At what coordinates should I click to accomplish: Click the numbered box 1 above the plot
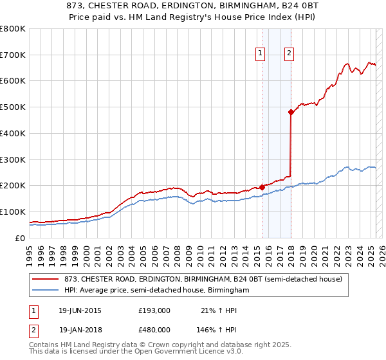[x=261, y=54]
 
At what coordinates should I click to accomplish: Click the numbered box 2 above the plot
[x=289, y=54]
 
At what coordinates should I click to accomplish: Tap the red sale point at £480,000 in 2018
[x=291, y=112]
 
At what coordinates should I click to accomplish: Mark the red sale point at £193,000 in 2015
[x=262, y=187]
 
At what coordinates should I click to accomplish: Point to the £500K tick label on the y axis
[x=13, y=107]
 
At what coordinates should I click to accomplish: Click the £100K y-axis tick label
[x=13, y=212]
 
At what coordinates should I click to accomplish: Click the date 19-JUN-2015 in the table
[x=80, y=310]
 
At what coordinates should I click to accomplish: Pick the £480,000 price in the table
[x=154, y=329]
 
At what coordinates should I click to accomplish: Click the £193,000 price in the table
[x=154, y=310]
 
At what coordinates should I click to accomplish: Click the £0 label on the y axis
[x=19, y=238]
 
